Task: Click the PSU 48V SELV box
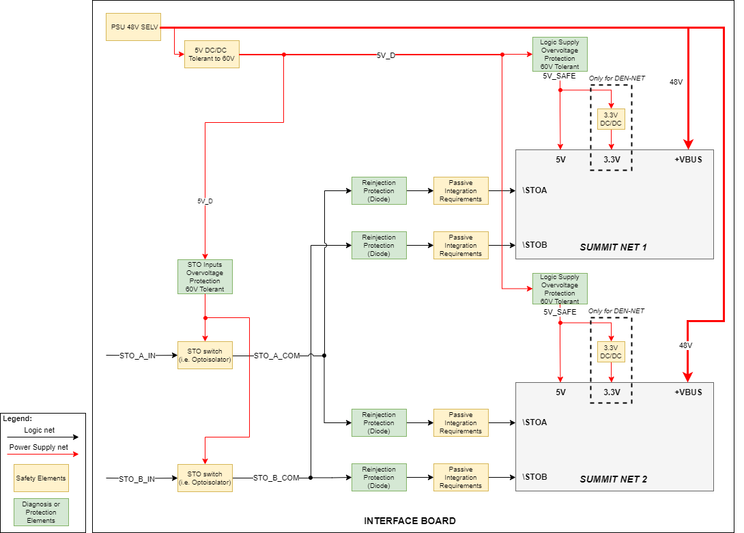point(134,27)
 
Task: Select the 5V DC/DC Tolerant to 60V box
point(212,55)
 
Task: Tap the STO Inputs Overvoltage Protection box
point(205,276)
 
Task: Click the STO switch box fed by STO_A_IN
point(205,356)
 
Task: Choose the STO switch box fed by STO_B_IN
point(205,478)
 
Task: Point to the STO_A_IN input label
point(138,356)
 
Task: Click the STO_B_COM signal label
point(276,478)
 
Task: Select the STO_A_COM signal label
point(276,356)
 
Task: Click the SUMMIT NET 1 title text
point(613,246)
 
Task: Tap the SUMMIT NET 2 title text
point(613,479)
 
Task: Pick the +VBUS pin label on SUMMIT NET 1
point(688,160)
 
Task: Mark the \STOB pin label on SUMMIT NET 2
point(535,476)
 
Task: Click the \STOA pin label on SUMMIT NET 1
point(535,190)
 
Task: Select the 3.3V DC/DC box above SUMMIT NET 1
point(611,119)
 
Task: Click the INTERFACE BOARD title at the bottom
point(410,521)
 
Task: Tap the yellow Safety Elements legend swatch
point(41,478)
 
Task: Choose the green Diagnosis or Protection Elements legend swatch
point(41,512)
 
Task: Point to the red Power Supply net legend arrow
point(42,453)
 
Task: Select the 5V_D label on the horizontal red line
point(386,55)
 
